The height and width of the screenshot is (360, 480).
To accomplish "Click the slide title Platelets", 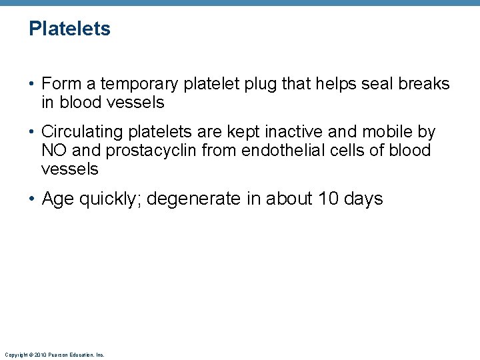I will tap(69, 29).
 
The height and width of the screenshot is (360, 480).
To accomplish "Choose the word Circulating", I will tap(85, 132).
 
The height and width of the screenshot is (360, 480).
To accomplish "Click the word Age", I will tap(58, 199).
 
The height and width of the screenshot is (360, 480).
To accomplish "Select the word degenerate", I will tap(193, 199).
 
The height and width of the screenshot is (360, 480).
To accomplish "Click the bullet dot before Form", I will tap(32, 85).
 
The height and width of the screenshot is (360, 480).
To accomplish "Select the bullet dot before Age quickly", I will tap(32, 199).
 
